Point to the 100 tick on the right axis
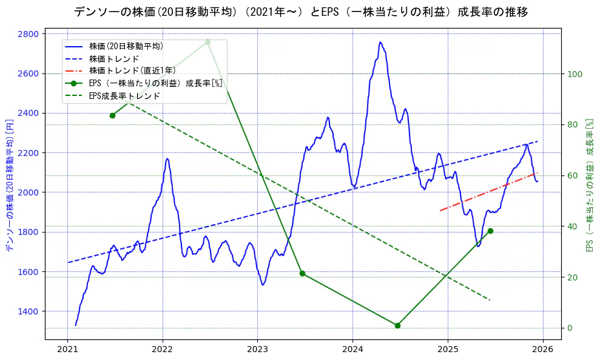(x=575, y=74)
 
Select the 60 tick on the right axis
(x=573, y=176)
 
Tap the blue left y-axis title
(x=9, y=185)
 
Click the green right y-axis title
(x=589, y=185)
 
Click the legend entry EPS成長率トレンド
(x=124, y=96)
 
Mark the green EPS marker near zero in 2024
(x=397, y=325)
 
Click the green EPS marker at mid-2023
(x=302, y=273)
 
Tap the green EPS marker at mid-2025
(x=490, y=231)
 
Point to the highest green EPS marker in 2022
(x=207, y=42)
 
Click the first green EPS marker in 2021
(x=112, y=115)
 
